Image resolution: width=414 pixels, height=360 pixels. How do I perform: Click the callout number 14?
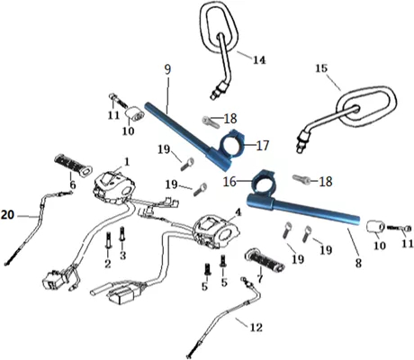(259, 60)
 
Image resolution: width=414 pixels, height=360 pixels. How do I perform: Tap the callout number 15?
(321, 68)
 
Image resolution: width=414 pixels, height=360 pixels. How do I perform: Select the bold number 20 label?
(7, 215)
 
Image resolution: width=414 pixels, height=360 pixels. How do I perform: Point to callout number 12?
(256, 327)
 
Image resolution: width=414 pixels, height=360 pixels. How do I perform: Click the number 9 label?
(167, 69)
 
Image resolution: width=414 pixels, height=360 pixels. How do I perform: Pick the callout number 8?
(358, 263)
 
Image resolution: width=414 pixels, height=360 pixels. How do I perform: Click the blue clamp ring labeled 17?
(233, 143)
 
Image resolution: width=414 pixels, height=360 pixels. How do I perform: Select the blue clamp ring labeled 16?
(264, 182)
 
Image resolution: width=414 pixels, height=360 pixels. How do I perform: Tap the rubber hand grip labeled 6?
(73, 165)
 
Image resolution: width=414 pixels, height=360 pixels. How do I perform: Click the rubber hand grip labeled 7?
(265, 262)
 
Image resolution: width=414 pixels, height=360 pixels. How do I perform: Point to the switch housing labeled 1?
(114, 187)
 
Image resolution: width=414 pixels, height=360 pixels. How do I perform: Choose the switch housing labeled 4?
(217, 230)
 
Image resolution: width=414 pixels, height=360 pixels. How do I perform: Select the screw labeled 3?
(121, 234)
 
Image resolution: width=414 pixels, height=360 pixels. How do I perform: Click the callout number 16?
(229, 182)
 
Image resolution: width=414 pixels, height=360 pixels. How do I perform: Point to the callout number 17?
(263, 146)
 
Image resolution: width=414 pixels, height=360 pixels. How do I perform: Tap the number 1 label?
(127, 162)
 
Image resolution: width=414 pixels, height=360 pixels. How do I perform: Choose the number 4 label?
(238, 212)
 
